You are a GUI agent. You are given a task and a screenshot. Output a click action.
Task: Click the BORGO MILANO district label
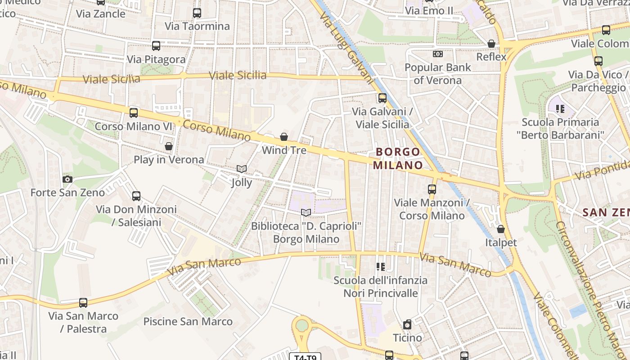pyautogui.click(x=398, y=158)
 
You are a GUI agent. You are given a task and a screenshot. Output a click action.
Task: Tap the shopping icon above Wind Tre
pyautogui.click(x=284, y=137)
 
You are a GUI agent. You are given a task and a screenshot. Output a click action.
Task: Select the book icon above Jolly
pyautogui.click(x=242, y=169)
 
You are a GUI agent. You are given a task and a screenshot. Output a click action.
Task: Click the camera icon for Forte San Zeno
pyautogui.click(x=67, y=179)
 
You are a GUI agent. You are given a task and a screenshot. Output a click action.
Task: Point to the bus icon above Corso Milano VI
pyautogui.click(x=134, y=112)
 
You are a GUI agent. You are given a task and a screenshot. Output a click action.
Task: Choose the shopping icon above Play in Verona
pyautogui.click(x=169, y=146)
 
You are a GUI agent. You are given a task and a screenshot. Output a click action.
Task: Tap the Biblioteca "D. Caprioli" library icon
pyautogui.click(x=306, y=212)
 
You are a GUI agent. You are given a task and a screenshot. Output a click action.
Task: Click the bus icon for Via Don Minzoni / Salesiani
pyautogui.click(x=136, y=196)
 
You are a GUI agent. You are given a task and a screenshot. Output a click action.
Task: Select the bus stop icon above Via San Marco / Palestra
pyautogui.click(x=83, y=302)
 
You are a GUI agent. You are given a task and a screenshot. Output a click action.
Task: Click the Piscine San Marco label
pyautogui.click(x=188, y=321)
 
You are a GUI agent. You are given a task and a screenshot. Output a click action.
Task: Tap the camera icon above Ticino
pyautogui.click(x=407, y=324)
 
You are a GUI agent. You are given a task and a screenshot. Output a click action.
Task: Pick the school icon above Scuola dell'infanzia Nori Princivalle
pyautogui.click(x=381, y=267)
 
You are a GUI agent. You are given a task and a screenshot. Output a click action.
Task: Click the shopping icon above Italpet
pyautogui.click(x=501, y=229)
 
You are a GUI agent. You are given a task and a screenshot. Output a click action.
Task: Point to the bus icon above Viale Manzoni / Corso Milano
pyautogui.click(x=432, y=189)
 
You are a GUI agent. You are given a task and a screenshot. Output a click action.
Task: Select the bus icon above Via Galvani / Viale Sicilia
pyautogui.click(x=382, y=98)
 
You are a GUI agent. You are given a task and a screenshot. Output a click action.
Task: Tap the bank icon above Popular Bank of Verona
pyautogui.click(x=437, y=54)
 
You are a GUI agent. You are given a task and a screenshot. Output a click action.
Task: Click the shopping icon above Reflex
pyautogui.click(x=491, y=44)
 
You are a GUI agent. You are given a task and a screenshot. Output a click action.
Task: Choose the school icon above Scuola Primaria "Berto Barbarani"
pyautogui.click(x=560, y=108)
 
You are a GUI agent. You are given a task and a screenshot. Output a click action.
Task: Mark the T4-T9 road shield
pyautogui.click(x=305, y=357)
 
